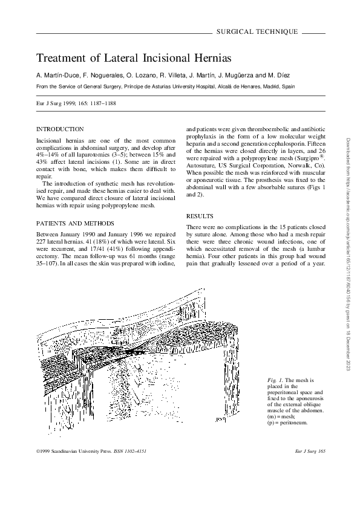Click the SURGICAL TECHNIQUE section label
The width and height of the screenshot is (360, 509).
click(x=257, y=30)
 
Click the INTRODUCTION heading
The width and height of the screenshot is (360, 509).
click(x=61, y=129)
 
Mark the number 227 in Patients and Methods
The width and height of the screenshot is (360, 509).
click(x=42, y=238)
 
